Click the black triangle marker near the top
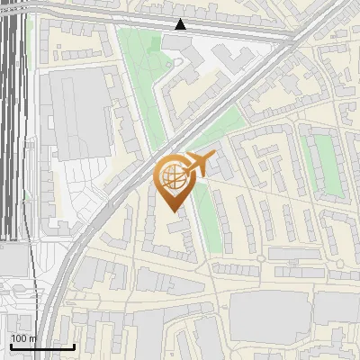[181, 24]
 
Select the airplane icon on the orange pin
[199, 164]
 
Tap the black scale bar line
[42, 346]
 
